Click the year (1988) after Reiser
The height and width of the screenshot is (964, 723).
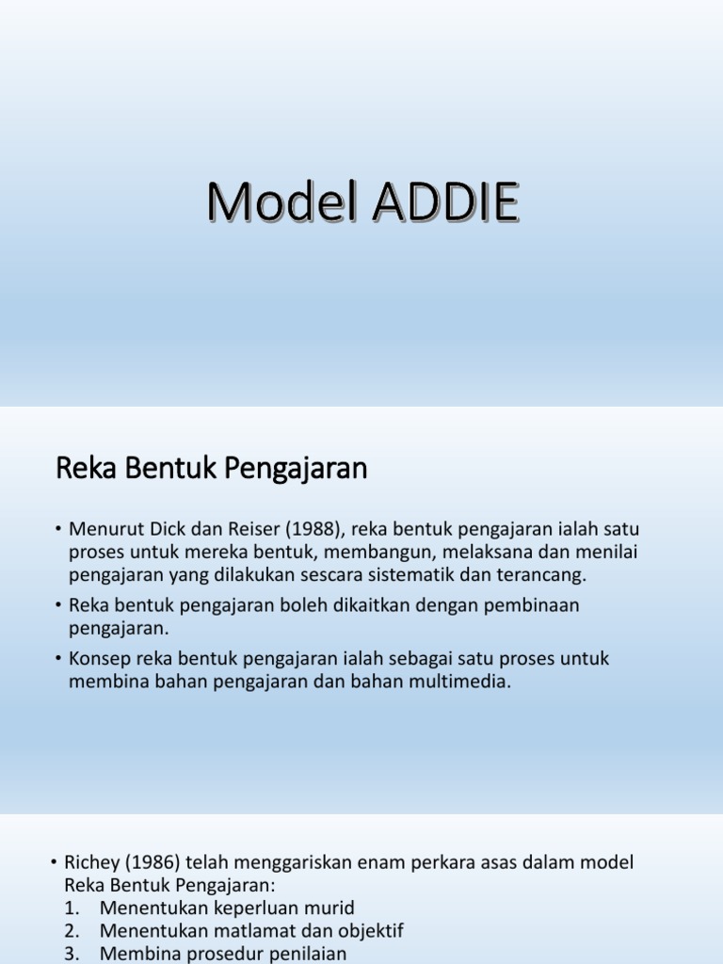coord(312,530)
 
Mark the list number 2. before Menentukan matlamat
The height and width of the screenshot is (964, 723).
coord(73,930)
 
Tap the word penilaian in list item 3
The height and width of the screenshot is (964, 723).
coord(306,953)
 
